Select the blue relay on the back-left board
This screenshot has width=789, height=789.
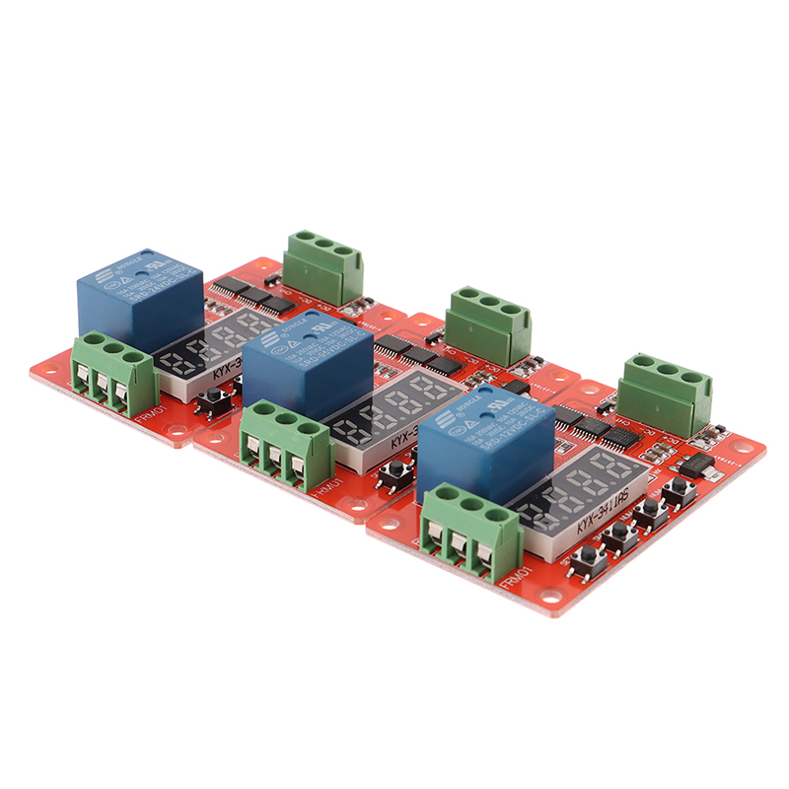(138, 296)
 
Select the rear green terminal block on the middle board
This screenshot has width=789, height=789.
(488, 325)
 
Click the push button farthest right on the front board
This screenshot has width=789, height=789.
(679, 491)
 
